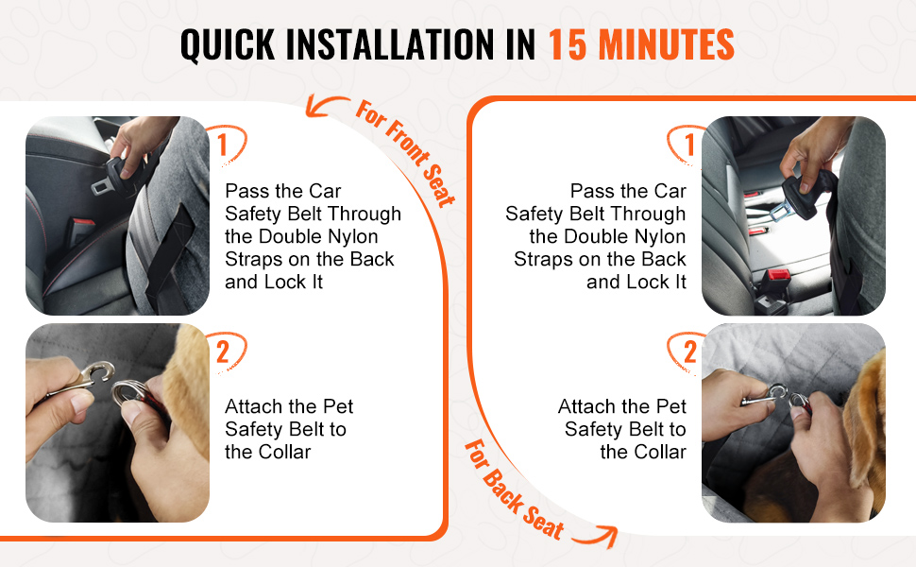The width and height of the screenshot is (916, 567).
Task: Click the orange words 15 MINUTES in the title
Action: tap(641, 44)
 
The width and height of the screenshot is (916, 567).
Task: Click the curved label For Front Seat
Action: tap(405, 153)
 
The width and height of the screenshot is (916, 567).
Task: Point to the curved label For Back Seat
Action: tap(514, 490)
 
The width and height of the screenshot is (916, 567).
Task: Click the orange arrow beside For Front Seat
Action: tap(326, 104)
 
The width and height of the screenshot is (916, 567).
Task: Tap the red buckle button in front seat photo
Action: tap(83, 224)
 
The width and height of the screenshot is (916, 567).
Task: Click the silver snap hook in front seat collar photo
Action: tap(88, 379)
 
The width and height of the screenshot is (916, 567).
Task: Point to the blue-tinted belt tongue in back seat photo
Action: tap(780, 210)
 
